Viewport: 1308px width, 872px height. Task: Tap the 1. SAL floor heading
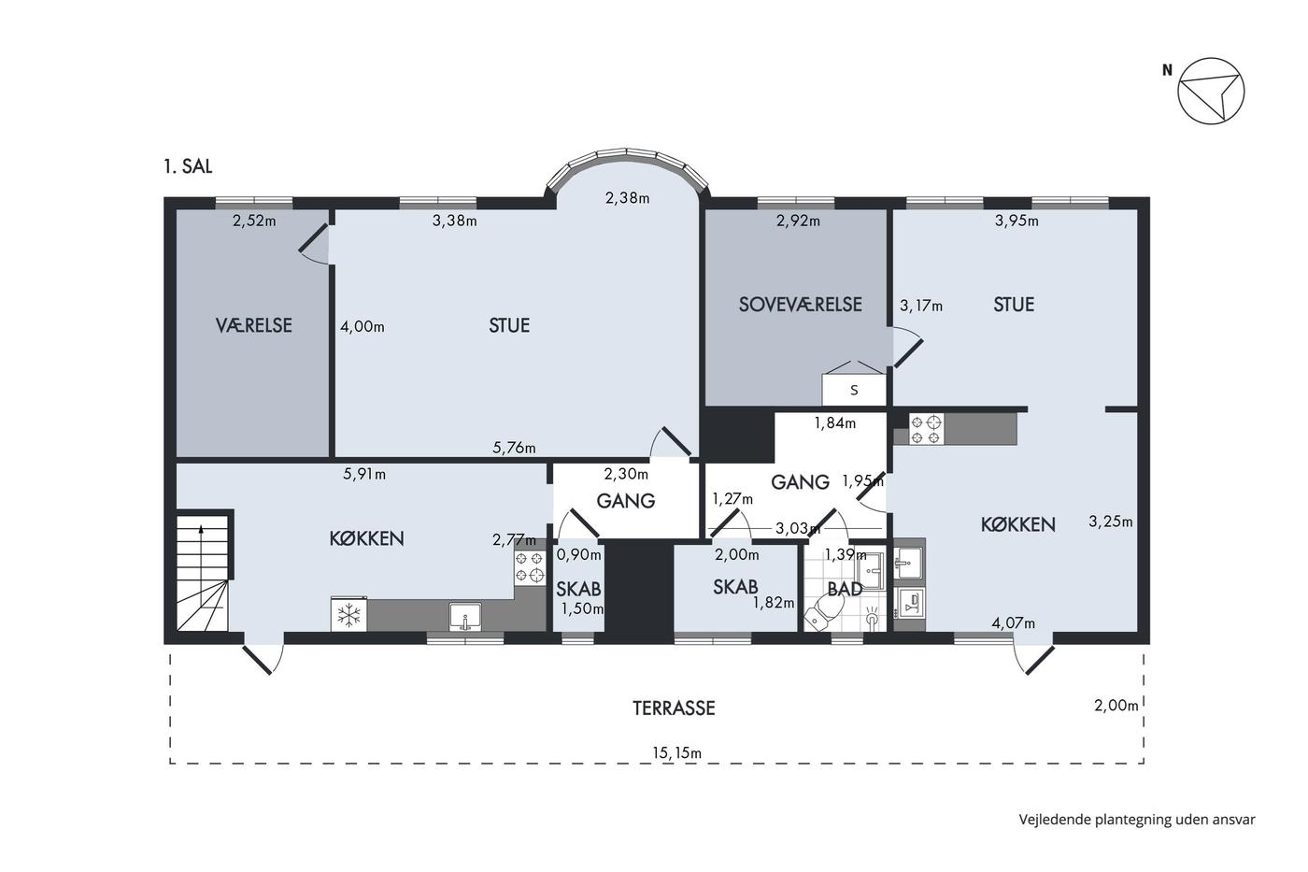[x=188, y=166]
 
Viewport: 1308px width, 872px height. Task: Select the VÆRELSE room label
[x=254, y=324]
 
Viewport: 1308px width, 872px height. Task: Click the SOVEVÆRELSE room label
[x=800, y=305]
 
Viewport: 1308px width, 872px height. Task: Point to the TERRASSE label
[x=674, y=708]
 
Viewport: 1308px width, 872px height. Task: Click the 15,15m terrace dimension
[x=676, y=753]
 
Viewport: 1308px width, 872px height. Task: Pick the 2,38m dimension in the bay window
[x=627, y=198]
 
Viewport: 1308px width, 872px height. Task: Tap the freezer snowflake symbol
[x=348, y=614]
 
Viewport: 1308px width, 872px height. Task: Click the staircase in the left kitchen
[x=203, y=572]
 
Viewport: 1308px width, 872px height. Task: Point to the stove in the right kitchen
[x=926, y=429]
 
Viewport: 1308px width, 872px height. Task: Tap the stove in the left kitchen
[x=531, y=568]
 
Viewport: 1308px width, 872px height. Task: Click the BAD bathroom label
[x=845, y=589]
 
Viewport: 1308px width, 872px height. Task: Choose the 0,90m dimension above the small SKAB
[x=578, y=554]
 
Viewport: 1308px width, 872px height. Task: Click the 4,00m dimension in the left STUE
[x=363, y=326]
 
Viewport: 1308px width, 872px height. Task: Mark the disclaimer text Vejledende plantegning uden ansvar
[x=1137, y=820]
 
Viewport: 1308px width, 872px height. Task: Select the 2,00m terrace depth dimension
[x=1116, y=706]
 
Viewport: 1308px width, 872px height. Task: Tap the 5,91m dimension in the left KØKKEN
[x=364, y=474]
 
